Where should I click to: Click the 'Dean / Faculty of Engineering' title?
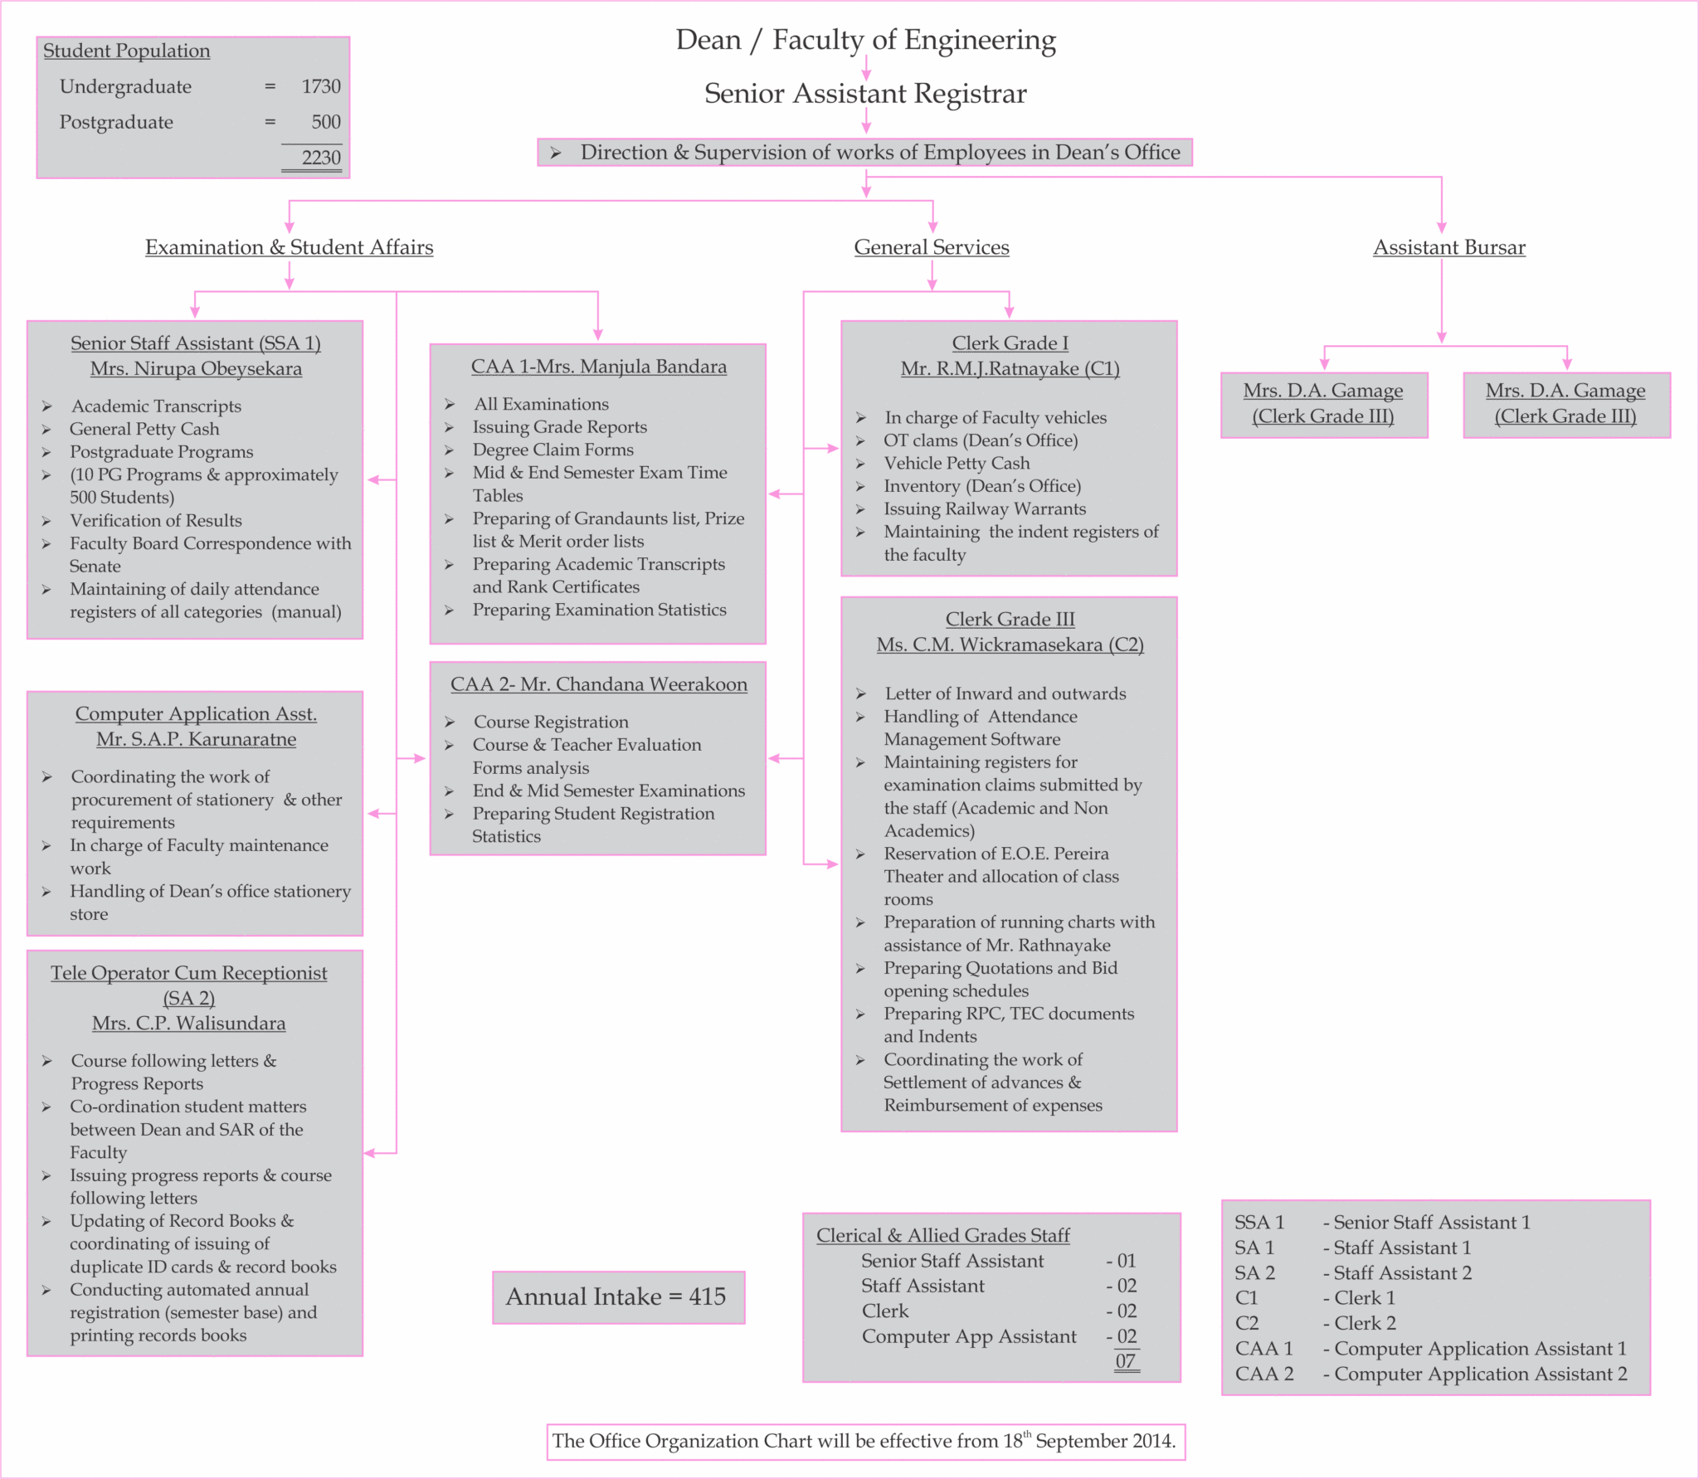pyautogui.click(x=865, y=40)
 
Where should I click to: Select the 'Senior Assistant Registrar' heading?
pyautogui.click(x=865, y=94)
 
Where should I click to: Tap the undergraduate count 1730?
pyautogui.click(x=321, y=86)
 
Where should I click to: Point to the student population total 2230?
pyautogui.click(x=321, y=158)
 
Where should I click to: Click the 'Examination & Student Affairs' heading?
pyautogui.click(x=289, y=247)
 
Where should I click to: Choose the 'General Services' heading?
pyautogui.click(x=932, y=247)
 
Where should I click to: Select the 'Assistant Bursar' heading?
pyautogui.click(x=1448, y=247)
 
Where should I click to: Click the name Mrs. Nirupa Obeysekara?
pyautogui.click(x=196, y=368)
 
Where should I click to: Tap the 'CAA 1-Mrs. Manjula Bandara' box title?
pyautogui.click(x=598, y=367)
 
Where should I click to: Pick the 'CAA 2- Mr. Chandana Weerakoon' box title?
pyautogui.click(x=598, y=684)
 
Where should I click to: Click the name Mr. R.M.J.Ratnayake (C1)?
pyautogui.click(x=1010, y=368)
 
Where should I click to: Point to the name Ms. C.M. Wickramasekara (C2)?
pyautogui.click(x=1010, y=645)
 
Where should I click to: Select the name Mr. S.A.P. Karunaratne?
pyautogui.click(x=196, y=739)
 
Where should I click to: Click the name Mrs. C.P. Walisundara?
pyautogui.click(x=189, y=1024)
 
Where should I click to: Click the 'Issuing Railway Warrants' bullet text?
pyautogui.click(x=984, y=508)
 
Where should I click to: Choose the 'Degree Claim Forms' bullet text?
pyautogui.click(x=553, y=450)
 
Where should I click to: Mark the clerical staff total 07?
pyautogui.click(x=1125, y=1361)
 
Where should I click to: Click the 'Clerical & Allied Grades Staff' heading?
pyautogui.click(x=942, y=1235)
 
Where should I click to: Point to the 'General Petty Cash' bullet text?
pyautogui.click(x=144, y=429)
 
